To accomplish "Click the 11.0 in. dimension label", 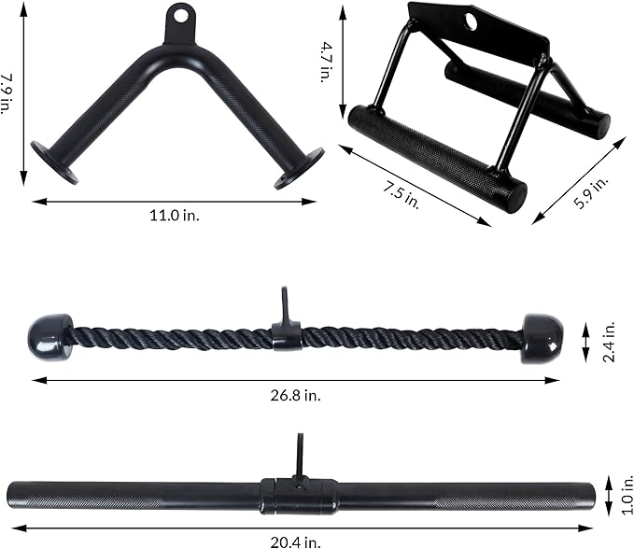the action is pos(175,215).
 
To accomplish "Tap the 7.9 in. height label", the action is pos(7,93).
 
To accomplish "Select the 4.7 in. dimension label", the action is pos(326,63).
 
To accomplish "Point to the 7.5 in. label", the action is pos(401,195).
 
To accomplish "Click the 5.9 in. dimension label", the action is pos(591,193).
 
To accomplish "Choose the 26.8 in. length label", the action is pos(296,395).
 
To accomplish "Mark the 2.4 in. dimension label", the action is pos(609,342).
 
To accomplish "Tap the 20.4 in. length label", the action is pos(296,542).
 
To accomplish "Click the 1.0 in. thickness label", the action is pos(627,494).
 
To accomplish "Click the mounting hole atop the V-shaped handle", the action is pos(181,15).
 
